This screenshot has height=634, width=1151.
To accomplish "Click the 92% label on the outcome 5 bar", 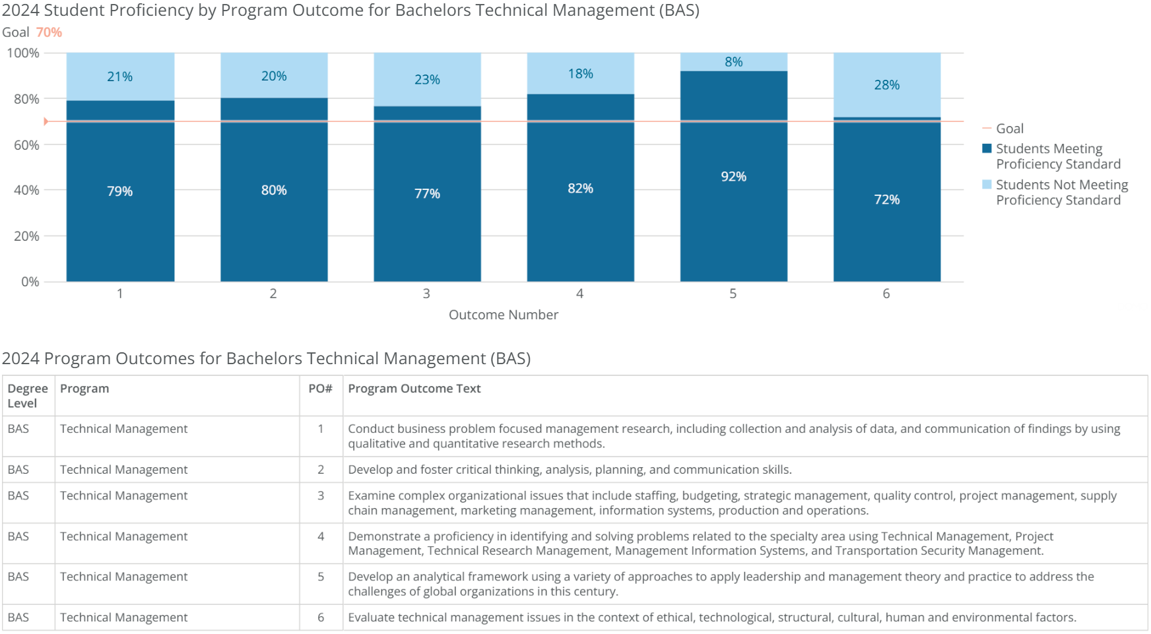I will (733, 177).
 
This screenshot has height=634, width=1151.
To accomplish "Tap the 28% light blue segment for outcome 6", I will (886, 84).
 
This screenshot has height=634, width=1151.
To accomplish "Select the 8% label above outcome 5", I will (733, 61).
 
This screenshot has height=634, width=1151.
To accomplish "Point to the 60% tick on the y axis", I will (26, 144).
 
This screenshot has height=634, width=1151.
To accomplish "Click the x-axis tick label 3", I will (426, 294).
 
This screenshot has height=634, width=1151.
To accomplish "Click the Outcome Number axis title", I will (503, 315).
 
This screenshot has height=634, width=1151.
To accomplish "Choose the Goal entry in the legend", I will (1009, 129).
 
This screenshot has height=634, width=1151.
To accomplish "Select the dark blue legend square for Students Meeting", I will (987, 148).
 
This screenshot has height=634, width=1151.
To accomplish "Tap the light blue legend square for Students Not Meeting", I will (987, 185).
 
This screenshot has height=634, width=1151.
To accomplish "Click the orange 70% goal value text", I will (49, 32).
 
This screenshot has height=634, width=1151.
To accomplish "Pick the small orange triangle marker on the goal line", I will (46, 121).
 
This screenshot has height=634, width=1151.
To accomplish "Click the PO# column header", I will (320, 389).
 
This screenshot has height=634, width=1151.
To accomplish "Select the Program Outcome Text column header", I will (414, 389).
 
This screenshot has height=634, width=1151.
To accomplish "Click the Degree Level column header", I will (27, 396).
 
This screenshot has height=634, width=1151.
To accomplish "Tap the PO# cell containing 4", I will (321, 536).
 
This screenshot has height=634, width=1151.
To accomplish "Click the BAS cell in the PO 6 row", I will (18, 618).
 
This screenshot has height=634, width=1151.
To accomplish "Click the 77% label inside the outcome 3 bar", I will (427, 193).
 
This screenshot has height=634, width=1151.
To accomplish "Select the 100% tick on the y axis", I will (23, 53).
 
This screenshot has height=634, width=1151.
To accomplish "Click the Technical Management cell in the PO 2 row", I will (123, 470).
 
